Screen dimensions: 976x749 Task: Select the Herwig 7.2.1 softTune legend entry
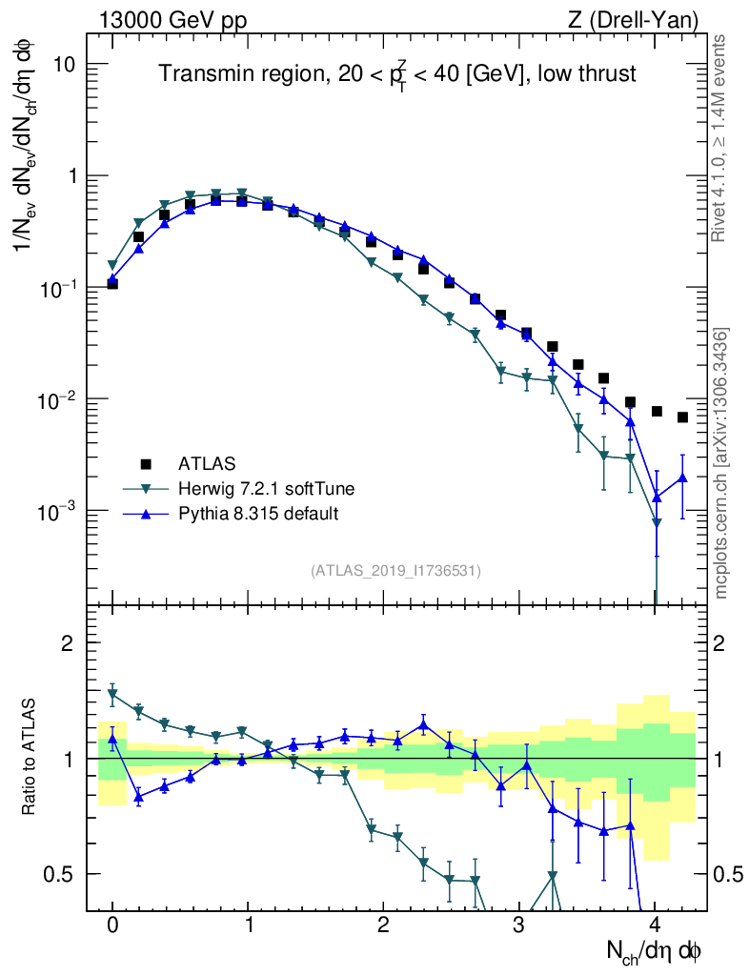point(266,489)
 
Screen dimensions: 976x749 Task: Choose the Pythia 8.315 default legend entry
point(258,514)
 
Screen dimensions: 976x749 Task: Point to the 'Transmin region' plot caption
point(397,74)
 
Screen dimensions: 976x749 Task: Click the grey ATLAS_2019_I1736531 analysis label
point(395,571)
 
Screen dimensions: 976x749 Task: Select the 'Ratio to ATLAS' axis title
point(30,756)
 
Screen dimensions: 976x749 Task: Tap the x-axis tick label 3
point(519,925)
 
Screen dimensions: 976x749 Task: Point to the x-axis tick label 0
point(112,925)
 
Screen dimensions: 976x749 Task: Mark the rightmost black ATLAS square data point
point(682,417)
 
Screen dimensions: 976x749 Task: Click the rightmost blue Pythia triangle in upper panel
point(682,478)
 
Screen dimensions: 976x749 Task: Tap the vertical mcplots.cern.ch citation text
point(720,462)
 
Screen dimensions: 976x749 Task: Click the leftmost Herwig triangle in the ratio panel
point(112,694)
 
